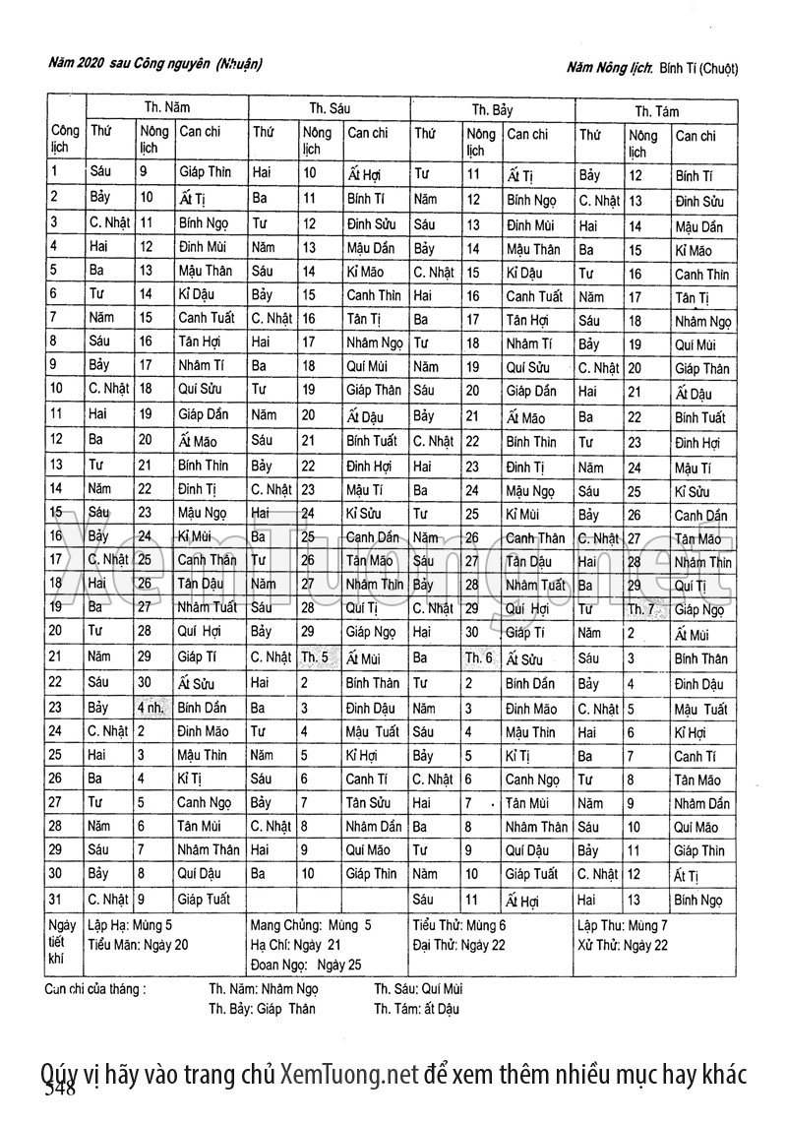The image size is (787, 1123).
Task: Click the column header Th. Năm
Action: (x=165, y=107)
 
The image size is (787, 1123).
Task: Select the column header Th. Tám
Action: (x=656, y=111)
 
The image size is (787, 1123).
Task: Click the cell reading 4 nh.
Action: (x=151, y=707)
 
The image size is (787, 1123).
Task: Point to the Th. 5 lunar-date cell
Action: (x=315, y=657)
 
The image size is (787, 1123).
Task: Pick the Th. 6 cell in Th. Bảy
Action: (x=479, y=657)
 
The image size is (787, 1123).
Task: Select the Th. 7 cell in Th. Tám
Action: (x=641, y=609)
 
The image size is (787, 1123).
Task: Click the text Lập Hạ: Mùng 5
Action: (x=129, y=926)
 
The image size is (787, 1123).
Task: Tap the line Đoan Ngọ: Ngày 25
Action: (x=306, y=964)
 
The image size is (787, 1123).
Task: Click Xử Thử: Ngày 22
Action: (x=624, y=945)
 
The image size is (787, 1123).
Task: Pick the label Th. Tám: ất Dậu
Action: (x=416, y=1008)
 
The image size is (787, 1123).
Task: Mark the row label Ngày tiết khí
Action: (x=61, y=942)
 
